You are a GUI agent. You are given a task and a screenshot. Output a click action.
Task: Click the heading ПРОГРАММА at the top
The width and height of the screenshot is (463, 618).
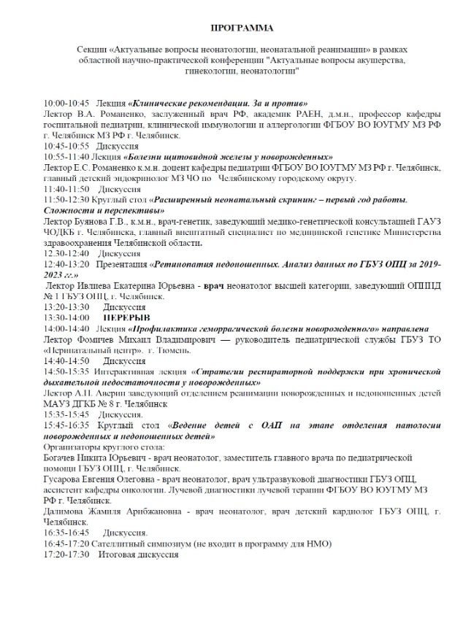coord(242,28)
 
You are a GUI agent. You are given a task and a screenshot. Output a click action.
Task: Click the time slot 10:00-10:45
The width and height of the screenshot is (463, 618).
coord(66,104)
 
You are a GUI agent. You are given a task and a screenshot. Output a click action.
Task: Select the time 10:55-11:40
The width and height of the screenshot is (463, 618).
coord(66,156)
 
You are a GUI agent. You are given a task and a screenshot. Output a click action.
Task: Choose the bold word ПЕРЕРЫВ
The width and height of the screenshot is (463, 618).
coord(126,317)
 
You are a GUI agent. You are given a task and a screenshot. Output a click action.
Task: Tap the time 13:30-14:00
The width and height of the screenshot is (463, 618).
coord(66,317)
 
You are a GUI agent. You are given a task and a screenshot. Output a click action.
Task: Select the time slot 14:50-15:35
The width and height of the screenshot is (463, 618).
coord(66,371)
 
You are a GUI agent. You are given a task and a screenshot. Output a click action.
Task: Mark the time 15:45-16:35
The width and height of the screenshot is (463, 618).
coord(66,425)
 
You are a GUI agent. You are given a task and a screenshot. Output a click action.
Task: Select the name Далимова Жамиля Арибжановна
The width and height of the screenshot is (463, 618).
coord(110,512)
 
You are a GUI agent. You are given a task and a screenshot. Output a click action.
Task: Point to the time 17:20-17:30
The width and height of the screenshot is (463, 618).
coord(66,555)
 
